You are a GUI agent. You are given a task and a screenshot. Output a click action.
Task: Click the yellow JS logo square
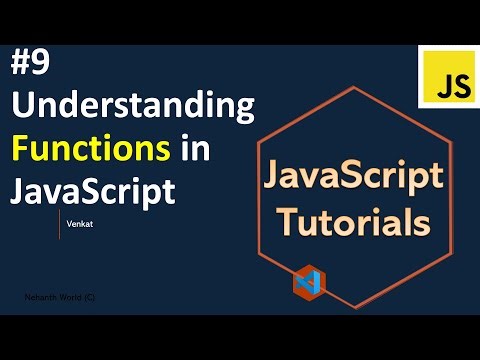[x=448, y=75]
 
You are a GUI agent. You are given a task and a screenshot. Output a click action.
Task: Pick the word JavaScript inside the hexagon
[x=340, y=179]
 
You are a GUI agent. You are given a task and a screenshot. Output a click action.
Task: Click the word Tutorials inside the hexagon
[x=340, y=221]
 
